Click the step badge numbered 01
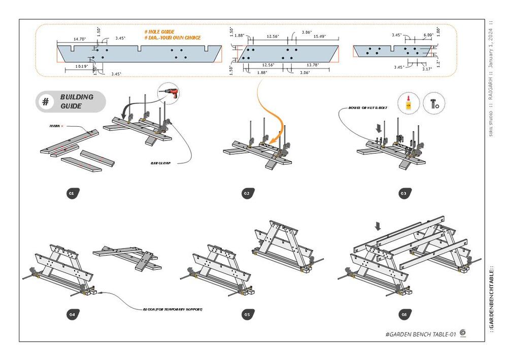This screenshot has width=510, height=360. (72, 193)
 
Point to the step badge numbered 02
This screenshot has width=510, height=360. (247, 193)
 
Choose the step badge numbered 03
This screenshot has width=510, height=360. (403, 193)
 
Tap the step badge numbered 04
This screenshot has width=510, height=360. (72, 314)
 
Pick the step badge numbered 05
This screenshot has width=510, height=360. (247, 314)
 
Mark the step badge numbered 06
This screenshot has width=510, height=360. (403, 314)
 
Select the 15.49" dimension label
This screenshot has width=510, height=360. (319, 37)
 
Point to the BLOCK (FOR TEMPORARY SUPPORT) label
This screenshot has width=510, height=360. (173, 309)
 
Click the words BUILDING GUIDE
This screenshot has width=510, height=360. (77, 101)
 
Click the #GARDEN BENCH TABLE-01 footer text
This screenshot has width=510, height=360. (421, 334)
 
